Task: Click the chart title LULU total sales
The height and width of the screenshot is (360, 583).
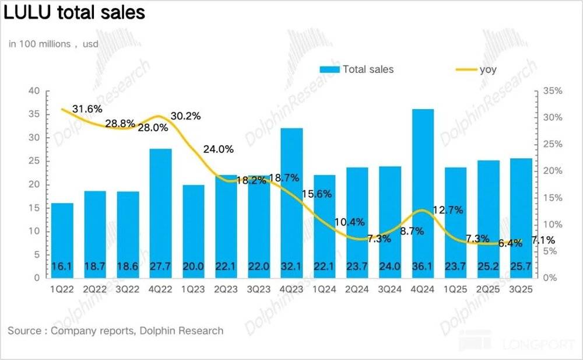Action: pos(74,12)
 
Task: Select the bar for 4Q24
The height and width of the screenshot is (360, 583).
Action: pos(423,193)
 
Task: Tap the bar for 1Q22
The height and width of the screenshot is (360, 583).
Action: pos(62,240)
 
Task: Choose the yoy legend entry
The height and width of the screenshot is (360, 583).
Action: pos(475,69)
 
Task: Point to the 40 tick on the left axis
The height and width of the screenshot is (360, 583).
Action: pos(35,91)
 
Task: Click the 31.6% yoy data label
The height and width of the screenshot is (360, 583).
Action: pos(87,109)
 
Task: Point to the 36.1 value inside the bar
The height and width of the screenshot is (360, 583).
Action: pos(423,267)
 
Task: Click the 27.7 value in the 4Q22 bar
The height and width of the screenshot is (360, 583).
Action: pos(161,267)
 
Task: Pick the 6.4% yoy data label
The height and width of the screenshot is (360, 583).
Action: pos(511,243)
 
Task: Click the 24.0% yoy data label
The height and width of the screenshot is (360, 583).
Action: pos(218,149)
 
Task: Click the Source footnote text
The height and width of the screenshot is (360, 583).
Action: pos(115,331)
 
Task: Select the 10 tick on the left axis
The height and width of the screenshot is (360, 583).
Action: pos(35,232)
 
